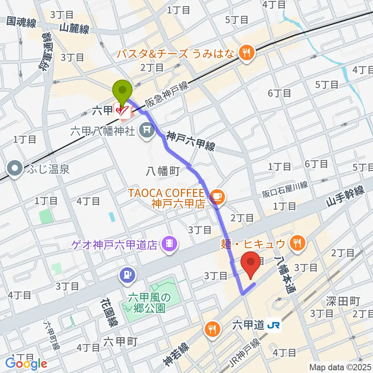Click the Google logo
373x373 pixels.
pyautogui.click(x=26, y=364)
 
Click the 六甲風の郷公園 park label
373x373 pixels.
pyautogui.click(x=150, y=303)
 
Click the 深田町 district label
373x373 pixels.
pyautogui.click(x=343, y=301)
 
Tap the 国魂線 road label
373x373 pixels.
pyautogui.click(x=21, y=23)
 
